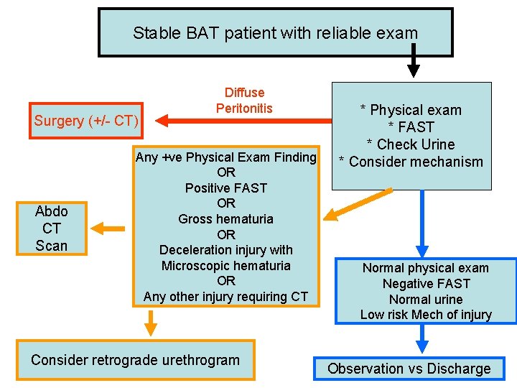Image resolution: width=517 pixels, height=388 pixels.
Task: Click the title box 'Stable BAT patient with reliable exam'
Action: (x=275, y=32)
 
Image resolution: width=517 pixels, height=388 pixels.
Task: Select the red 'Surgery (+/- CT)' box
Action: (x=86, y=121)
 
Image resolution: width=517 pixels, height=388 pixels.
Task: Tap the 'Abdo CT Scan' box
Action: (x=51, y=228)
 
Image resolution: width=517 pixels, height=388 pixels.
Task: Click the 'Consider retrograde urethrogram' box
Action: (x=135, y=360)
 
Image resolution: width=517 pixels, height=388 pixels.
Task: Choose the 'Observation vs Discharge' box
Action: (x=409, y=369)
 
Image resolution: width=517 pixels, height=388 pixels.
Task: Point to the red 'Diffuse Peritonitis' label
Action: (x=244, y=101)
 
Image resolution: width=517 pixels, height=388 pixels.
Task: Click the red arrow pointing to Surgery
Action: (x=183, y=119)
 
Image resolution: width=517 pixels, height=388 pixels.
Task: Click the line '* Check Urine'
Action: (x=411, y=144)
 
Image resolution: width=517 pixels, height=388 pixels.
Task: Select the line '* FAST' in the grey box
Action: (x=411, y=127)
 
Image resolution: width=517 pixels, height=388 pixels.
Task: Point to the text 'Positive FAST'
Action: (x=225, y=188)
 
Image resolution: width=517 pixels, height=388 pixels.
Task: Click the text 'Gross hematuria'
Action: (x=225, y=219)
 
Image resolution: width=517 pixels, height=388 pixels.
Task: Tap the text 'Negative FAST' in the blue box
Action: (x=426, y=284)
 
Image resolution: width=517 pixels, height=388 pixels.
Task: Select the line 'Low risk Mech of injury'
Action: (x=426, y=315)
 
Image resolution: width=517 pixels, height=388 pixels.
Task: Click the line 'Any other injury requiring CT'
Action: (x=225, y=296)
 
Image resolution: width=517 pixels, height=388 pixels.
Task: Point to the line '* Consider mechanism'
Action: (x=411, y=162)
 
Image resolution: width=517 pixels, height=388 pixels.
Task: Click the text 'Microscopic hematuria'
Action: (x=225, y=266)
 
